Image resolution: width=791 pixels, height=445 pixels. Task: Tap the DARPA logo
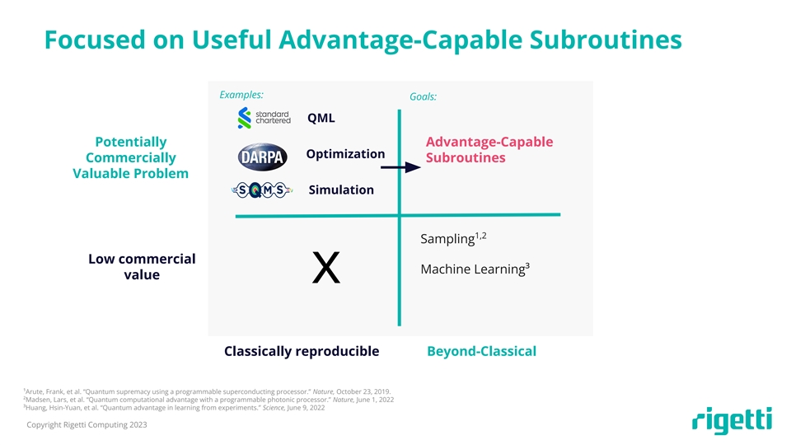click(263, 157)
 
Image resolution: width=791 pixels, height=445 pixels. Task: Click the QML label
click(321, 118)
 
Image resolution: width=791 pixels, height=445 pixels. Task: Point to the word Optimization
click(345, 154)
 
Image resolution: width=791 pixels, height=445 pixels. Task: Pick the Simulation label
click(341, 190)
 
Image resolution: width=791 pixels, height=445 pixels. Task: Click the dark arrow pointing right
click(401, 167)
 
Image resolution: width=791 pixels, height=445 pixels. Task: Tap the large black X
click(327, 269)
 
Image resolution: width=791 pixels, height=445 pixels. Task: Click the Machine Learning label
click(474, 269)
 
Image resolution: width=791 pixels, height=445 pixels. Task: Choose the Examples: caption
click(241, 94)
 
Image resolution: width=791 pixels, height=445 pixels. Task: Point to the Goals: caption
click(423, 97)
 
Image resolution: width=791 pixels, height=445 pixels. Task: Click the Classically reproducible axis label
click(302, 352)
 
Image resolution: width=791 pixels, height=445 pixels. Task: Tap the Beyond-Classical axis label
click(481, 352)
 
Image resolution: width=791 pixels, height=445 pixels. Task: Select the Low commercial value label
click(142, 267)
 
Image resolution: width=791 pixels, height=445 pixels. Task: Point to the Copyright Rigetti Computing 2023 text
click(87, 424)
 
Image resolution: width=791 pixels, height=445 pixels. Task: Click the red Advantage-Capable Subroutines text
click(489, 149)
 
